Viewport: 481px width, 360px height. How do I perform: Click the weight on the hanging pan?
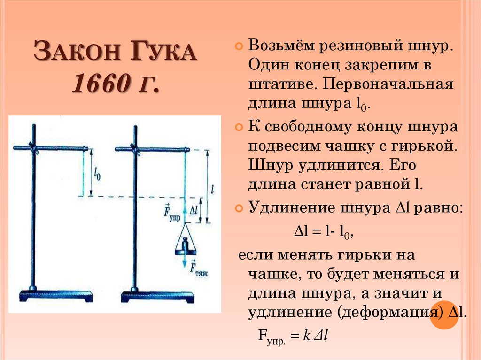click(x=185, y=244)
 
